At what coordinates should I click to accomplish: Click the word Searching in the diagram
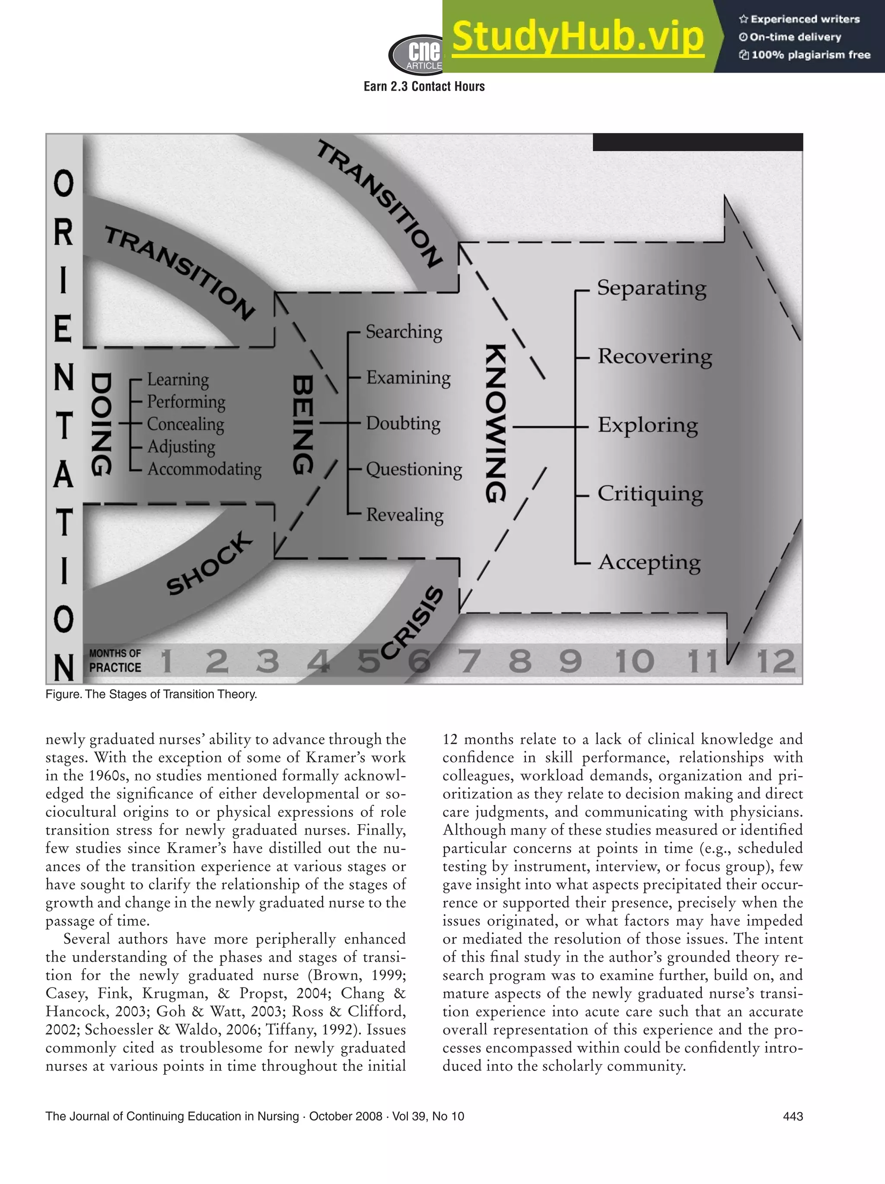pyautogui.click(x=404, y=332)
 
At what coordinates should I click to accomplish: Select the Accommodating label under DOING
pyautogui.click(x=204, y=470)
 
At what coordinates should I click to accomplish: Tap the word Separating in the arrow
pyautogui.click(x=652, y=288)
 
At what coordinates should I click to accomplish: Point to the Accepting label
pyautogui.click(x=649, y=562)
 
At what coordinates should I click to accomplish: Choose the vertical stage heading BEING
pyautogui.click(x=303, y=425)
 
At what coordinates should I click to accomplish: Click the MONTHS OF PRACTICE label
pyautogui.click(x=115, y=660)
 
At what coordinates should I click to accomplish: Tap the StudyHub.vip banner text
pyautogui.click(x=578, y=36)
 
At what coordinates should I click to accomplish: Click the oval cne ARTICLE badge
pyautogui.click(x=417, y=54)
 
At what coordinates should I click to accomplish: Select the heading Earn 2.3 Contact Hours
pyautogui.click(x=424, y=87)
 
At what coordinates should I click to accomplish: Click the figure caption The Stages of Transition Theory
pyautogui.click(x=152, y=694)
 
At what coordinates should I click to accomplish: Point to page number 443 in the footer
pyautogui.click(x=793, y=1116)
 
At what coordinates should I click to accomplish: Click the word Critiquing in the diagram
pyautogui.click(x=650, y=493)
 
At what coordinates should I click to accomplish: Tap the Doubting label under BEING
pyautogui.click(x=403, y=423)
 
